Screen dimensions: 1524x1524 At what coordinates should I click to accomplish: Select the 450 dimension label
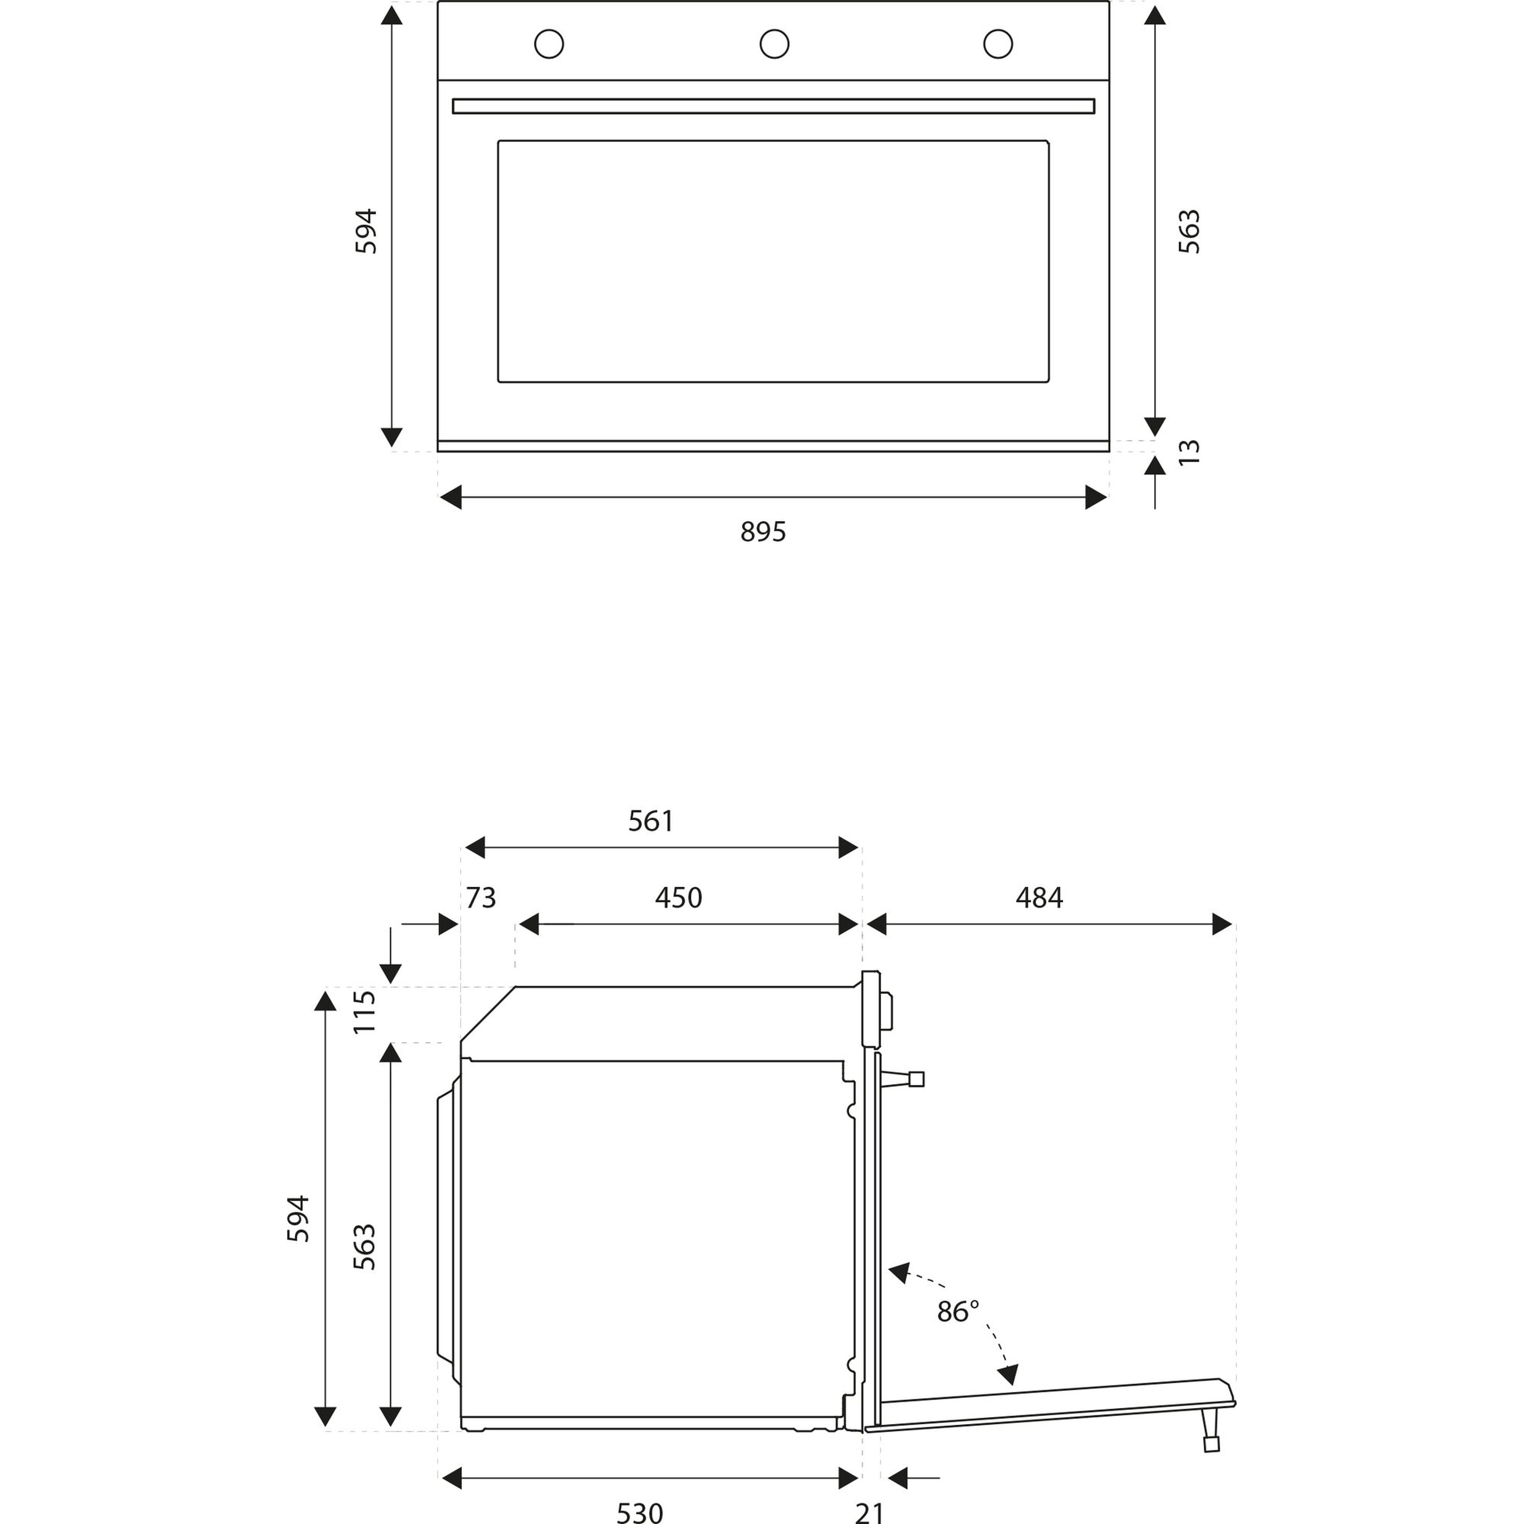pyautogui.click(x=678, y=898)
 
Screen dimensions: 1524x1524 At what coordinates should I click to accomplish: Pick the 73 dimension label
pyautogui.click(x=480, y=898)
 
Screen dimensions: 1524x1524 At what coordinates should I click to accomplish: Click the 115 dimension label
pyautogui.click(x=364, y=1012)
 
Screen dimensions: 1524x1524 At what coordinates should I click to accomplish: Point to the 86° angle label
pyautogui.click(x=958, y=1311)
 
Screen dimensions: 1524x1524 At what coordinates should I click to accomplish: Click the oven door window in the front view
pyautogui.click(x=773, y=261)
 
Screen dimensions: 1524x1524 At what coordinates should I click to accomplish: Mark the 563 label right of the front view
pyautogui.click(x=1189, y=231)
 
